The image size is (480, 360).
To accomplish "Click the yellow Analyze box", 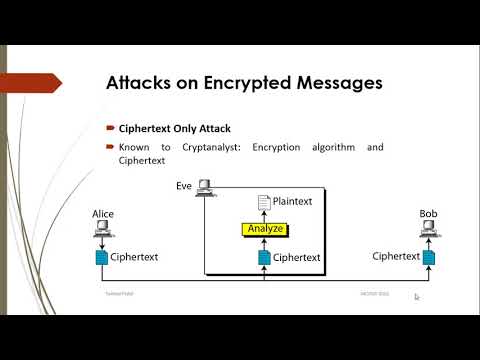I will [x=264, y=229].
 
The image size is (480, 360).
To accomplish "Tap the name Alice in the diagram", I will [x=103, y=214].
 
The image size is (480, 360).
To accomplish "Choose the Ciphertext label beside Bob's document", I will [x=395, y=256].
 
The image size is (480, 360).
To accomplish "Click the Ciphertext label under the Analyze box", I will [x=297, y=257].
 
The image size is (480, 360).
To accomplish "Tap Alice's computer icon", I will [x=102, y=232].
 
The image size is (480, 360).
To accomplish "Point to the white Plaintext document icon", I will [x=264, y=202].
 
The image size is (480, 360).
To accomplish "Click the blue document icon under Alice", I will [x=102, y=257].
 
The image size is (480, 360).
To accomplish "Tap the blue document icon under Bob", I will [x=430, y=257].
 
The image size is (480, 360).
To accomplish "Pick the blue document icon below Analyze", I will [x=264, y=257].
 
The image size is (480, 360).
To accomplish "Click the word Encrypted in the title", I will [x=239, y=84].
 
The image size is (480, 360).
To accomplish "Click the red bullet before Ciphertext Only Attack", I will [x=111, y=129].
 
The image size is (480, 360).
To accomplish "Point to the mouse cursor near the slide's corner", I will [x=417, y=296].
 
